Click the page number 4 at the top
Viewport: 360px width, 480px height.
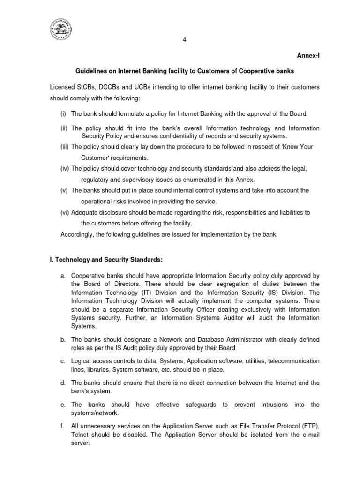pos(184,39)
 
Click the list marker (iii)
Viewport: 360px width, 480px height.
pos(65,147)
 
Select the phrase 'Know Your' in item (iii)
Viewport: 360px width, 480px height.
pos(299,147)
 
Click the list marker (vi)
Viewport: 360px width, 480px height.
pos(65,212)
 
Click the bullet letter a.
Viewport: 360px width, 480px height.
pos(63,276)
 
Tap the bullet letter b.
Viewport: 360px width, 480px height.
pos(63,339)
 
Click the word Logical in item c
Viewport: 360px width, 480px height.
pos(82,361)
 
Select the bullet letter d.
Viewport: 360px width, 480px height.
pos(63,382)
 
